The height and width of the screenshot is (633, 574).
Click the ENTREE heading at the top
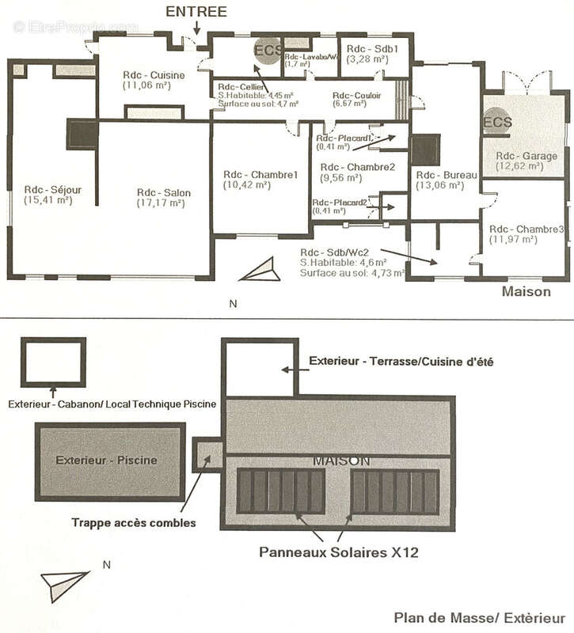(x=196, y=12)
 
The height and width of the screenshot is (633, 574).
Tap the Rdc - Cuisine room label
(x=154, y=75)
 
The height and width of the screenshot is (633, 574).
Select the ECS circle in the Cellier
(x=267, y=49)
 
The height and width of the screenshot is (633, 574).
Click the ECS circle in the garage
(x=497, y=123)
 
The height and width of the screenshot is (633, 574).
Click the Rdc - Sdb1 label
(x=367, y=47)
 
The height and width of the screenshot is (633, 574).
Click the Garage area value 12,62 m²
(x=519, y=166)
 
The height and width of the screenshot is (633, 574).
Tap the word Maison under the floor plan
(x=526, y=292)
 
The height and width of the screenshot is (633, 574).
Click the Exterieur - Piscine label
(x=106, y=460)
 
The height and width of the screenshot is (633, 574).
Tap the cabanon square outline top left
(x=53, y=362)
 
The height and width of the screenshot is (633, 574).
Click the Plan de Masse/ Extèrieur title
(x=480, y=617)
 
